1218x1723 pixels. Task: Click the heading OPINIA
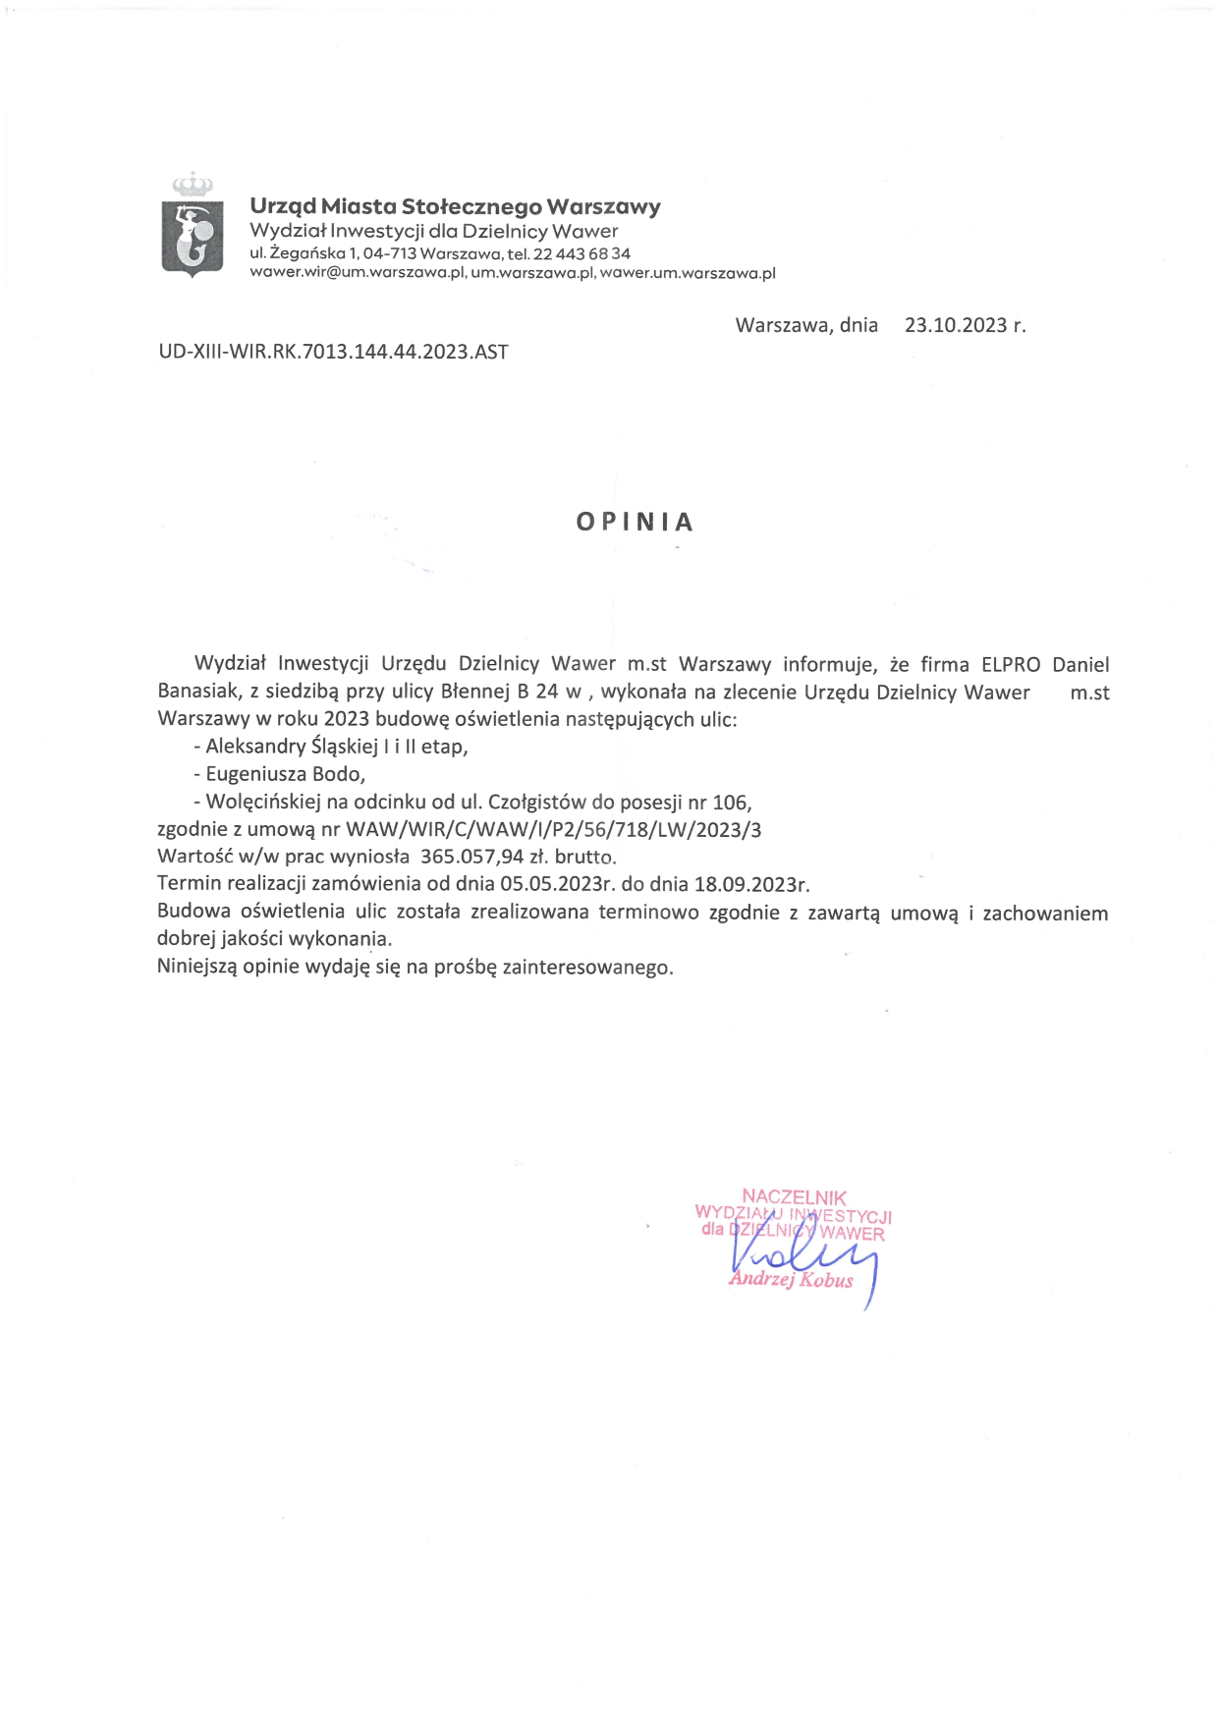(x=635, y=522)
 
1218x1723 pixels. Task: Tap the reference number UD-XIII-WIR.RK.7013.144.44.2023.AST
(x=333, y=352)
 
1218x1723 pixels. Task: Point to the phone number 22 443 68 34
(x=581, y=253)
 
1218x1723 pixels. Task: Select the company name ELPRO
(x=1011, y=665)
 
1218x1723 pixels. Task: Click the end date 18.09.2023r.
(x=751, y=884)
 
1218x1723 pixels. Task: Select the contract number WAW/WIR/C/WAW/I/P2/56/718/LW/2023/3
(x=553, y=829)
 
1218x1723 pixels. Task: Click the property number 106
(x=730, y=803)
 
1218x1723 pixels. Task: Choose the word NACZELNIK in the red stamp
(x=794, y=1196)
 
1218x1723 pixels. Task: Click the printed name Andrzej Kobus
(x=792, y=1279)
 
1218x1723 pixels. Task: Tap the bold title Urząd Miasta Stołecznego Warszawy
(x=455, y=206)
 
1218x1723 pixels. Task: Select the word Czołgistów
(x=537, y=802)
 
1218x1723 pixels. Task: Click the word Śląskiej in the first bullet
(x=344, y=747)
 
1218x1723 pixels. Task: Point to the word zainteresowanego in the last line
(x=587, y=967)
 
